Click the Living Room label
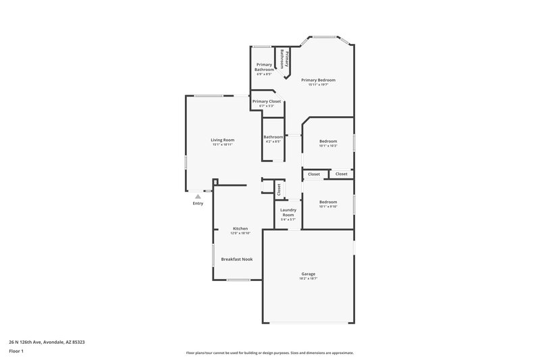tap(223, 140)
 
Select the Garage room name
tap(308, 274)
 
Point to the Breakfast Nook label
tap(236, 259)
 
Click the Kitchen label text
tap(240, 228)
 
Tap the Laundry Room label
tap(288, 212)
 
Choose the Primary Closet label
tap(266, 101)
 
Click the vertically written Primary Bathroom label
tap(286, 59)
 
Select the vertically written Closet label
tap(278, 190)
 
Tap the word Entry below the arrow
tap(198, 203)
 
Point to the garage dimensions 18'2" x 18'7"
tap(308, 278)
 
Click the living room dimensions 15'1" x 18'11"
tap(223, 145)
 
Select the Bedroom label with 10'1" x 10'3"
tap(328, 141)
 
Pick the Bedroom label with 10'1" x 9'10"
tap(328, 202)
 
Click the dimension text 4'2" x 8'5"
tap(273, 142)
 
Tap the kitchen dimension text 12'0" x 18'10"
tap(240, 233)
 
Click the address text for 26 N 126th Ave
tap(47, 342)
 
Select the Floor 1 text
tap(16, 352)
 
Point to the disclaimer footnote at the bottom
tap(269, 353)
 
